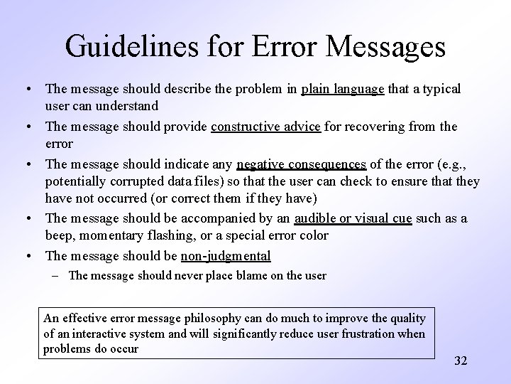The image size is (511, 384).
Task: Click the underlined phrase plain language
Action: tap(344, 90)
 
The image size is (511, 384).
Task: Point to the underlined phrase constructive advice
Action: tap(267, 127)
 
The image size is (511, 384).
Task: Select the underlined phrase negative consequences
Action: tap(302, 164)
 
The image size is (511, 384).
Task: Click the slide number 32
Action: tap(461, 361)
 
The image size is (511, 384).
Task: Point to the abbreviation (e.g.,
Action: tap(444, 164)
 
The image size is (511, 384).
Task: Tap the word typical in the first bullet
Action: tap(440, 90)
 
